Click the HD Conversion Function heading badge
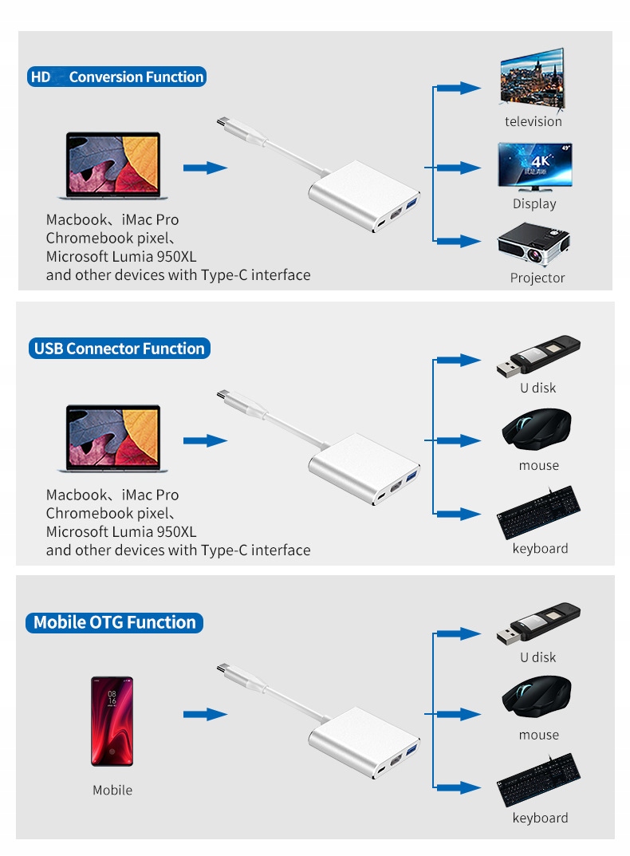pos(116,77)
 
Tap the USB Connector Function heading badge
pos(119,349)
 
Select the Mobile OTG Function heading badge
pos(115,622)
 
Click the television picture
pos(531,81)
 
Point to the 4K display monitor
pos(534,167)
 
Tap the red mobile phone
pos(112,721)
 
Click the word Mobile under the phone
pos(112,790)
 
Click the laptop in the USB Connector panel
pos(112,440)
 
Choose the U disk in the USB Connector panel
pos(538,356)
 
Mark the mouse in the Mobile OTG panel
pos(537,697)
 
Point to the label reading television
pos(534,121)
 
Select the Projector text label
pos(537,278)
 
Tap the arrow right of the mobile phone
pos(205,714)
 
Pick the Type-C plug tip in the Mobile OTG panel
pos(223,669)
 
